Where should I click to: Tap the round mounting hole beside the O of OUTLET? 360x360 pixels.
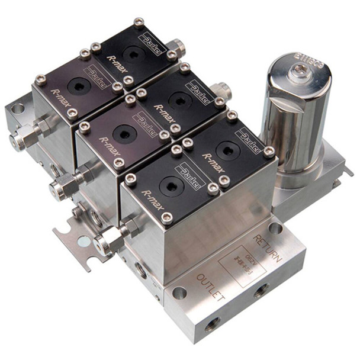pos(179,292)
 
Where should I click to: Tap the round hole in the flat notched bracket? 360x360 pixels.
pos(84,241)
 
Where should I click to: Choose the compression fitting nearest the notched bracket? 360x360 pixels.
pos(110,240)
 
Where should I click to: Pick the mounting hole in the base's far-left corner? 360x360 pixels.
pos(18,108)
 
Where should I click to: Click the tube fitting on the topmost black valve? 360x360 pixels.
pos(175,47)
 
